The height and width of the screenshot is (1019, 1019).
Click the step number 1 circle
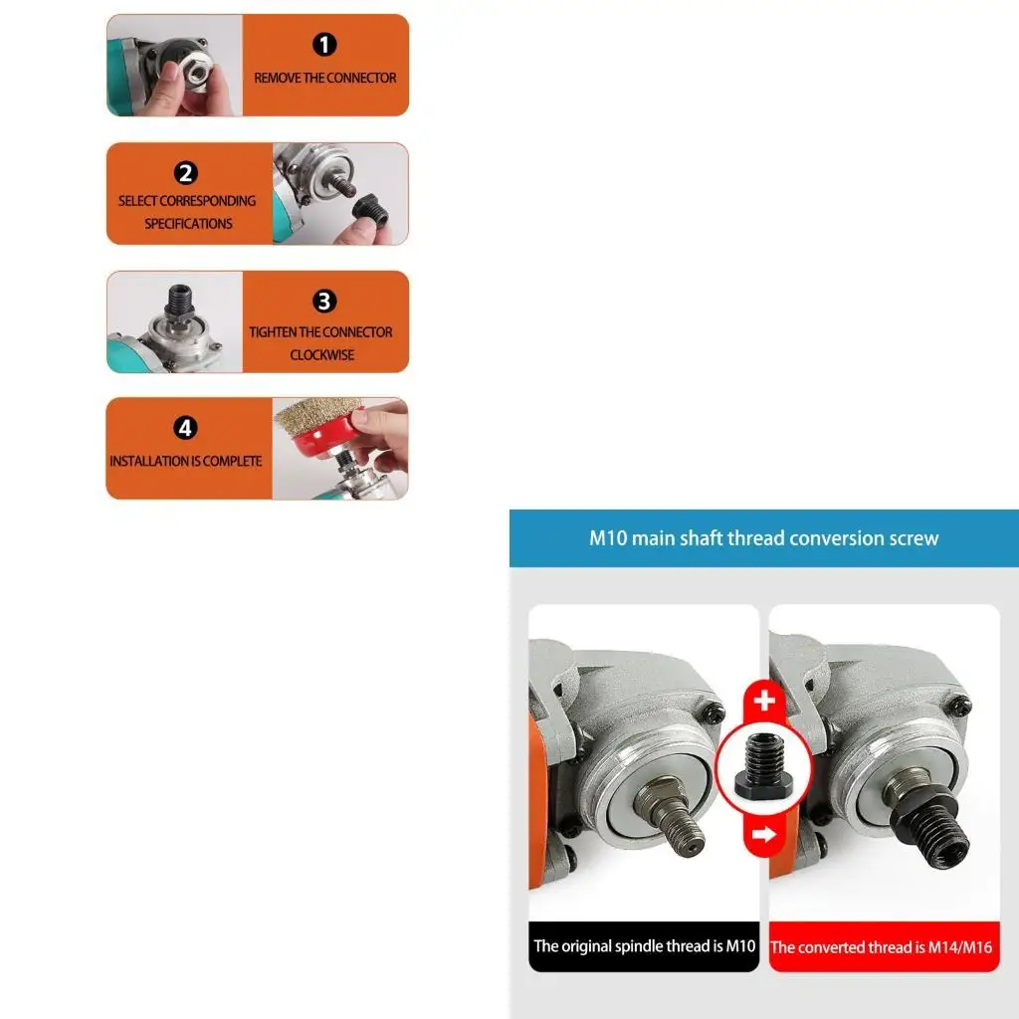[x=325, y=45]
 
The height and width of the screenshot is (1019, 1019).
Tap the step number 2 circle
[x=186, y=173]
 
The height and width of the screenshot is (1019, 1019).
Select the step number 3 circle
[x=324, y=302]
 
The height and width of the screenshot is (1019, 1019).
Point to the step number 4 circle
[x=186, y=429]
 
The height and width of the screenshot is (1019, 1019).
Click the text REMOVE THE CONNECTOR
[x=324, y=78]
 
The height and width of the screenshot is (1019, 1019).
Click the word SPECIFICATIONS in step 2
[x=188, y=224]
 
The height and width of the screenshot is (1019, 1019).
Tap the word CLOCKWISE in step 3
[x=321, y=355]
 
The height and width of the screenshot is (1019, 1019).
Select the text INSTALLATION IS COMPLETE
[x=186, y=462]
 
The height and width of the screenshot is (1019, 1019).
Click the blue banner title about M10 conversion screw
[x=763, y=538]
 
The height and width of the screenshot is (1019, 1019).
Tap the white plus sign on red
[x=764, y=702]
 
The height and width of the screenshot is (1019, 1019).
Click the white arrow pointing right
[x=764, y=835]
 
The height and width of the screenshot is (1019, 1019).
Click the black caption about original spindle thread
[x=644, y=946]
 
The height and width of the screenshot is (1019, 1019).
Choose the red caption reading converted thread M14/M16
[x=882, y=947]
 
